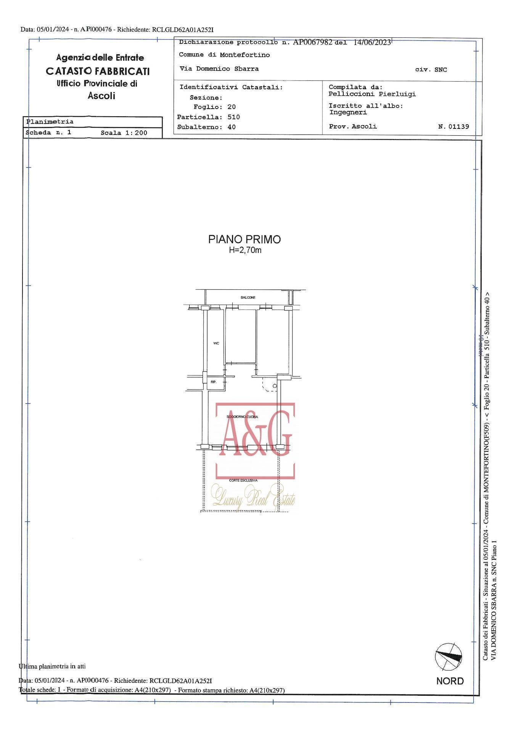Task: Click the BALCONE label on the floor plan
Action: pos(248,297)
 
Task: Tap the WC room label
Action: pos(216,344)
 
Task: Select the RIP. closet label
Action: pos(214,382)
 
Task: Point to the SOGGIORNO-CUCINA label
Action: pos(242,417)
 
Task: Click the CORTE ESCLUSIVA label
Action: pos(243,480)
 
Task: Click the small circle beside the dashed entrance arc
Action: pos(275,386)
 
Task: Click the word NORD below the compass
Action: pos(450,681)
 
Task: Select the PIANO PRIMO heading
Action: pos(245,239)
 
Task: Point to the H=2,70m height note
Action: pos(245,250)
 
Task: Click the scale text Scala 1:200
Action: pos(124,133)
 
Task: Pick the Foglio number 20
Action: pos(231,107)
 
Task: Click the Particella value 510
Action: pos(233,117)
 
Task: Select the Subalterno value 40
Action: pos(232,127)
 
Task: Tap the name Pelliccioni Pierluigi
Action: pos(372,94)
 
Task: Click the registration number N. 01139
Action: pos(454,127)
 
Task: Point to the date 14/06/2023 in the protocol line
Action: pos(372,43)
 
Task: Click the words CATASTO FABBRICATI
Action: pos(98,71)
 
